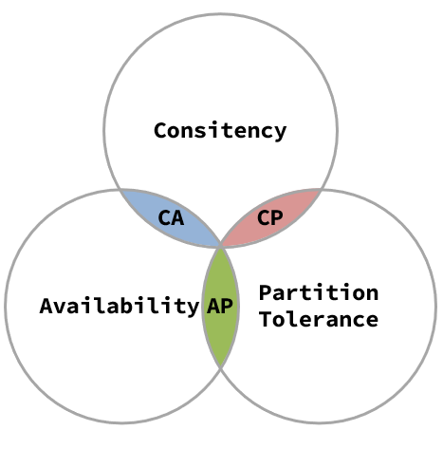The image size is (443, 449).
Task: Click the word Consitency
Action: tap(220, 131)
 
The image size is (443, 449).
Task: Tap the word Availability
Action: tap(120, 306)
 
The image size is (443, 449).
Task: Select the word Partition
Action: tap(319, 292)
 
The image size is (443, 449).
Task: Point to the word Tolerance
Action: tap(319, 319)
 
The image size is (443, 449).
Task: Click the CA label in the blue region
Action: tap(171, 217)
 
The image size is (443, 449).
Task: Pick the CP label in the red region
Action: tap(270, 217)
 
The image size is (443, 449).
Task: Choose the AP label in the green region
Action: tap(220, 306)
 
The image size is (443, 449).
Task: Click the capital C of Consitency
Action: tap(160, 131)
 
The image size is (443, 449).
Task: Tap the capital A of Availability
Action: tap(46, 306)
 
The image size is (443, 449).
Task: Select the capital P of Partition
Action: tap(266, 292)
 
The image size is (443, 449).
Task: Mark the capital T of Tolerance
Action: tap(266, 319)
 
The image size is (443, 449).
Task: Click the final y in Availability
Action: tap(193, 309)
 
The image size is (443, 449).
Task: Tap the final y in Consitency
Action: tap(280, 134)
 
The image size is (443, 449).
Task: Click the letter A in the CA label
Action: tap(177, 217)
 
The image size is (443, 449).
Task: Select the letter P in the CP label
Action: tap(277, 217)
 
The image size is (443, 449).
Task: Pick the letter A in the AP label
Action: tap(213, 306)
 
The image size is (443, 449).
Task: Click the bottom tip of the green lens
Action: tap(221, 367)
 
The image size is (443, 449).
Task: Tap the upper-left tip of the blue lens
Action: tap(120, 190)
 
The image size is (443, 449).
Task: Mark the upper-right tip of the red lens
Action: tap(322, 190)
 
